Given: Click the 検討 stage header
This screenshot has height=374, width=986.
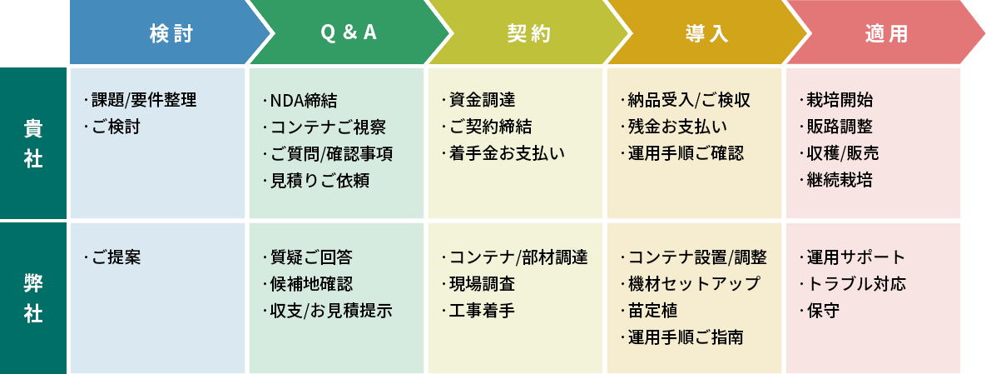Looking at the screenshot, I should [x=171, y=33].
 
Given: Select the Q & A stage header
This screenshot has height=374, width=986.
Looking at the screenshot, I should [x=349, y=33].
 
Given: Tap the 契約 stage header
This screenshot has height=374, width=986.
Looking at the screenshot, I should [x=528, y=33].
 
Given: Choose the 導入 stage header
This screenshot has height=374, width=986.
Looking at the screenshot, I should [x=707, y=33].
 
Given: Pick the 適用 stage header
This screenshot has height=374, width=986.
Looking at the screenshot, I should [x=886, y=33].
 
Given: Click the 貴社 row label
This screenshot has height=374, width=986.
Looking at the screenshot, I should [x=33, y=143].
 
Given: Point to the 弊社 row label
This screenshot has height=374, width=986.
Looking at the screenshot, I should [x=33, y=298].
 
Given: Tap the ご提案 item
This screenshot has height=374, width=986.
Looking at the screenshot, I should [x=116, y=257].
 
